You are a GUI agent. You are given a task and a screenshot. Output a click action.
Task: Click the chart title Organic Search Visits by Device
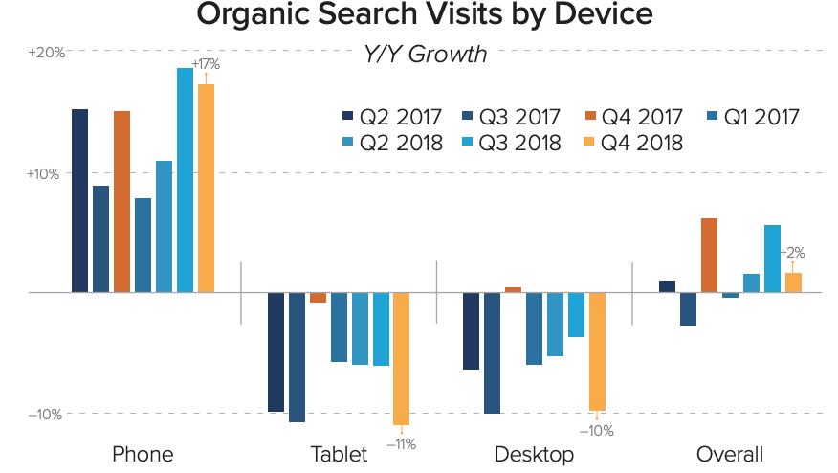point(424,15)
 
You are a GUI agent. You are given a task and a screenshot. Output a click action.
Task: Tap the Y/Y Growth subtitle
point(425,55)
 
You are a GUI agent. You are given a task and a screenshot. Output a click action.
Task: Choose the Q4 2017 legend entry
point(632,118)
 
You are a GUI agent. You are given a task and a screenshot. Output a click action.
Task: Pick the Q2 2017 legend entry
point(393,118)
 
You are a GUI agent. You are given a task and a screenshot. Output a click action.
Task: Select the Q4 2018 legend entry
point(632,144)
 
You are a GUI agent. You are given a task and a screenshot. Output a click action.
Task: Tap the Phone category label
point(143,454)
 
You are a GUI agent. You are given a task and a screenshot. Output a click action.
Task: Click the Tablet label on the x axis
point(339,454)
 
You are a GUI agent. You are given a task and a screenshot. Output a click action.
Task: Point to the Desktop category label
point(534,454)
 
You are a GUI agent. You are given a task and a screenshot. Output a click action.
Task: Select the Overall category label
point(730,454)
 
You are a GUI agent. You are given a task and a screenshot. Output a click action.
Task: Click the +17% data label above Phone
point(206,64)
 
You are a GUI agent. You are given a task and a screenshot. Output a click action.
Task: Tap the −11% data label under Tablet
point(401,443)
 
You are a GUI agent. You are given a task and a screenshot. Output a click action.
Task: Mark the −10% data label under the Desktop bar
point(597,431)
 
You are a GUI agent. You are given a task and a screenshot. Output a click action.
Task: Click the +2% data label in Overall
point(792,254)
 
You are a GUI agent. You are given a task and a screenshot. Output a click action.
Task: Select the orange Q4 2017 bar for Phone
point(121,201)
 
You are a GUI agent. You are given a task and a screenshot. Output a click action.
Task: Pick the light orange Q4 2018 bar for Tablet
point(401,358)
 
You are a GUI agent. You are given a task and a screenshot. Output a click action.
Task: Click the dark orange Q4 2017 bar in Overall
point(709,255)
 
